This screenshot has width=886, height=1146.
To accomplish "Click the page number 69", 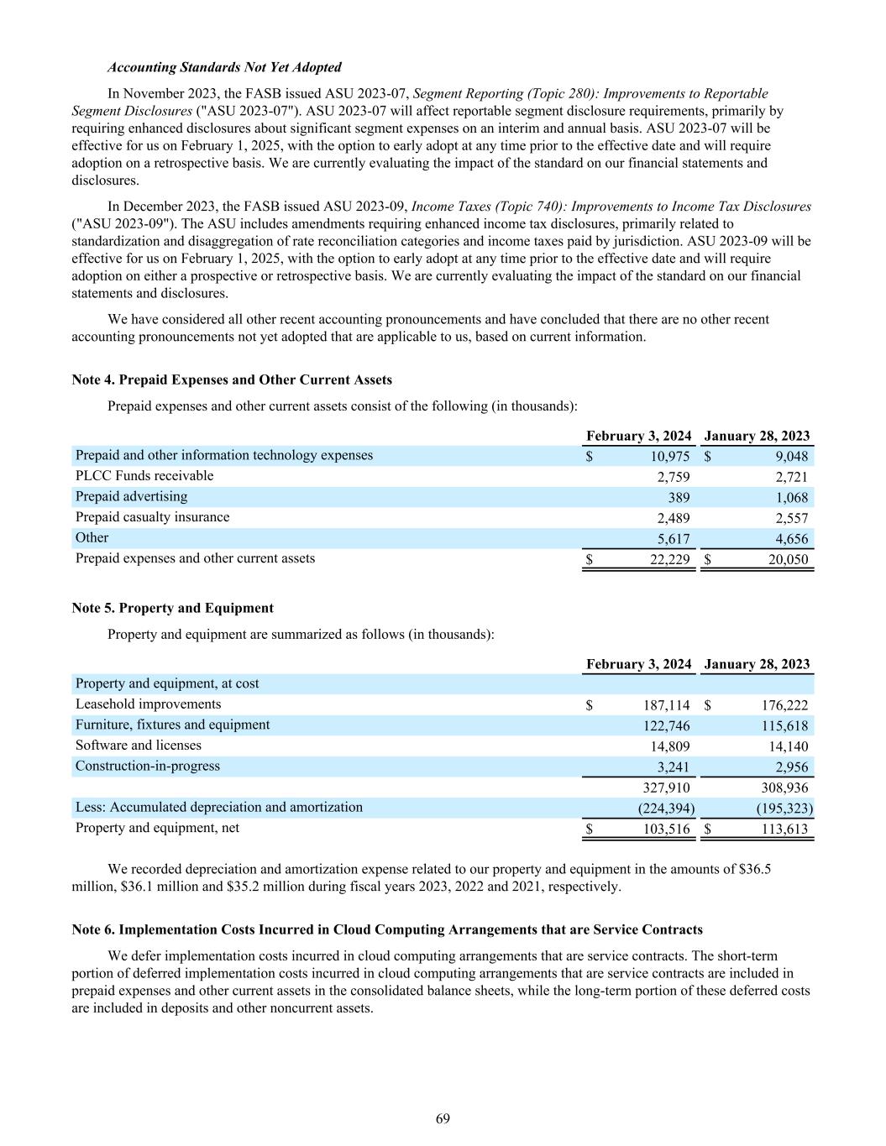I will [443, 1118].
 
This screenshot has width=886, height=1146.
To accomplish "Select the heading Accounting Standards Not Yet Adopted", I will [224, 67].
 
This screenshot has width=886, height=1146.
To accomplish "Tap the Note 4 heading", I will [232, 380].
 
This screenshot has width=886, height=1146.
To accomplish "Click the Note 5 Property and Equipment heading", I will [173, 608].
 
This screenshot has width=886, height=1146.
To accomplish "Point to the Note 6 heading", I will [387, 929].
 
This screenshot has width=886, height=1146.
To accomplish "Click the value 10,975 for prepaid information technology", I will [670, 457].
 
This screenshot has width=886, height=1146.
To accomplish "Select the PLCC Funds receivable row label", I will [144, 476].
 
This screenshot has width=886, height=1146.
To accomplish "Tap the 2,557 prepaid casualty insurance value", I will [792, 518].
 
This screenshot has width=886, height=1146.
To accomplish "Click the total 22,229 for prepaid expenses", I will [670, 560].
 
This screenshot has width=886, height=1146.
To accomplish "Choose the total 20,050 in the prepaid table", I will [789, 560].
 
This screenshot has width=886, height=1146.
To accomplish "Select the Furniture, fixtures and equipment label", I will [173, 725].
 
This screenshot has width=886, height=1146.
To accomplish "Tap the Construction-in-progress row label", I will [148, 766].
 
